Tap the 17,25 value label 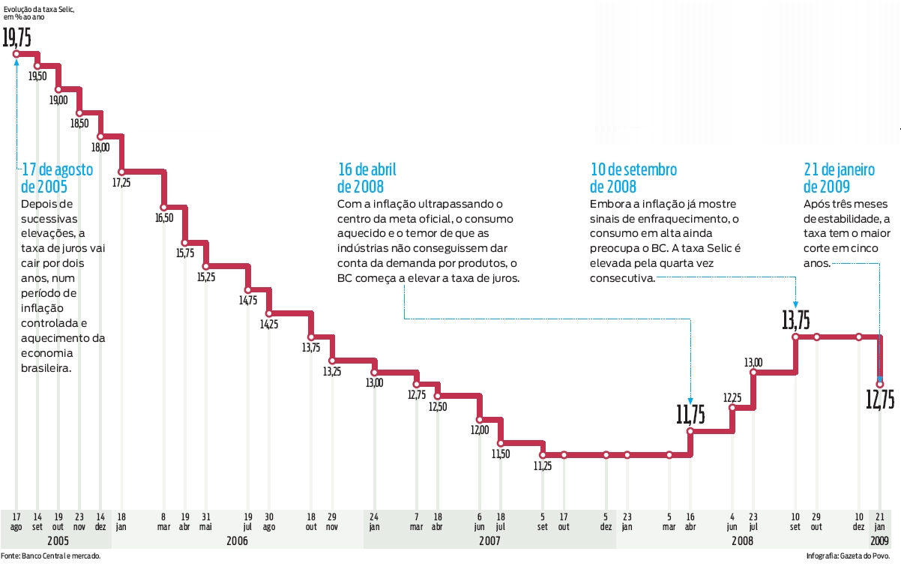point(121,182)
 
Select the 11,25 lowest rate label point(543,466)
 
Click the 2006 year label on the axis point(237,540)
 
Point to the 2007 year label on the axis point(489,540)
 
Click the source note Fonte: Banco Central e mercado point(50,556)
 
